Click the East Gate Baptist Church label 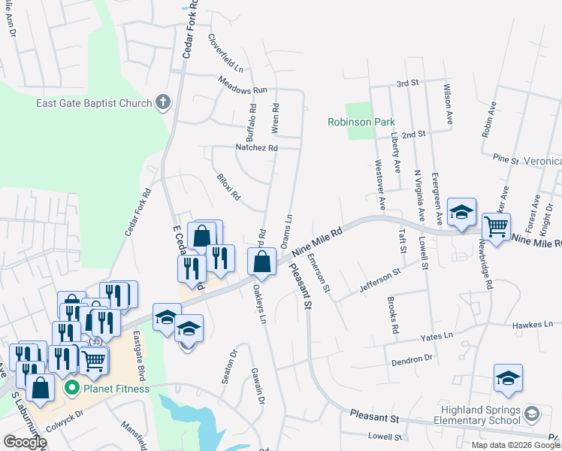93,103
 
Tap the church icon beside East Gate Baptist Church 163,102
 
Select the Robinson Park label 361,122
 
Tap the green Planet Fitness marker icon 72,389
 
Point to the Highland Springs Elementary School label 479,415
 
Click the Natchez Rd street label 256,148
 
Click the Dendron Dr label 412,360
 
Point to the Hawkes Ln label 532,325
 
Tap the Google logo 25,442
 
